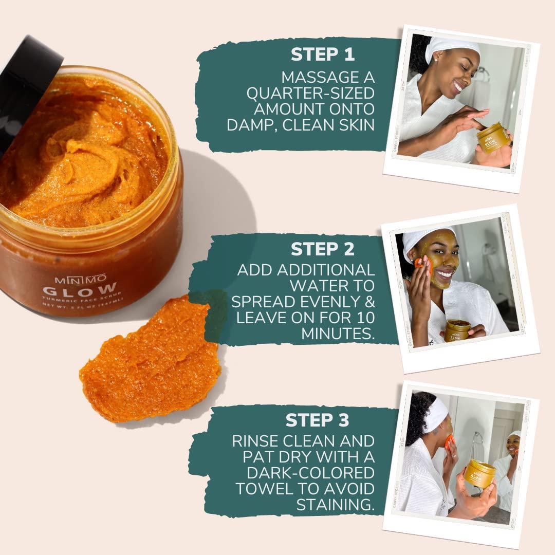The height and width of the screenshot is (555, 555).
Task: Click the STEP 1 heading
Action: click(x=322, y=54)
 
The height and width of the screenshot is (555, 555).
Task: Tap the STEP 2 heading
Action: click(x=322, y=249)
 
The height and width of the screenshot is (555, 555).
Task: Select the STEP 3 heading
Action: click(x=317, y=419)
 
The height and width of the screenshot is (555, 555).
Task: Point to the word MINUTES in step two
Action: click(x=338, y=333)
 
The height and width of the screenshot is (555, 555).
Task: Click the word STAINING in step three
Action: click(x=335, y=504)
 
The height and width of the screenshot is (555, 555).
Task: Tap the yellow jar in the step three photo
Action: click(x=479, y=473)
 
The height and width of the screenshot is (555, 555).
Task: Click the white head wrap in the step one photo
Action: click(x=452, y=46)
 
